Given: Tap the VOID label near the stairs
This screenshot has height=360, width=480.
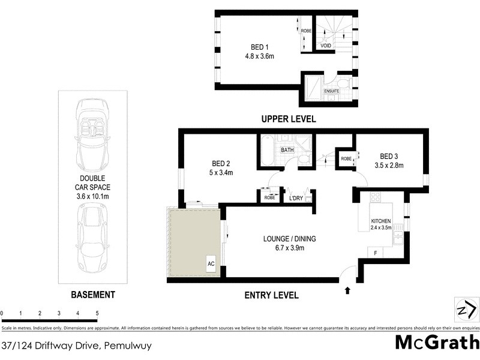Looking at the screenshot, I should [326, 46].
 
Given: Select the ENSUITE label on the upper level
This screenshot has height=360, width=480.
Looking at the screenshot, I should [331, 91].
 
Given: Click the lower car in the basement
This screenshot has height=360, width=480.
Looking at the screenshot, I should [92, 238].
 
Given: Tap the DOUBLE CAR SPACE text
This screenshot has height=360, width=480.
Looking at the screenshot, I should [92, 187].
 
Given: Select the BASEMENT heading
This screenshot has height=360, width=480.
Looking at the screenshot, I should [92, 295].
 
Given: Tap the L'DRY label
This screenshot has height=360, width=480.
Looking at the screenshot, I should [296, 197].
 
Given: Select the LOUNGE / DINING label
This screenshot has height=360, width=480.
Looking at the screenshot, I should [289, 239].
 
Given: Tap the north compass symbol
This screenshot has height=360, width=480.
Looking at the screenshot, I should [466, 310].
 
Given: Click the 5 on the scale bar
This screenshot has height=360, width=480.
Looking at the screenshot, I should [97, 314].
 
